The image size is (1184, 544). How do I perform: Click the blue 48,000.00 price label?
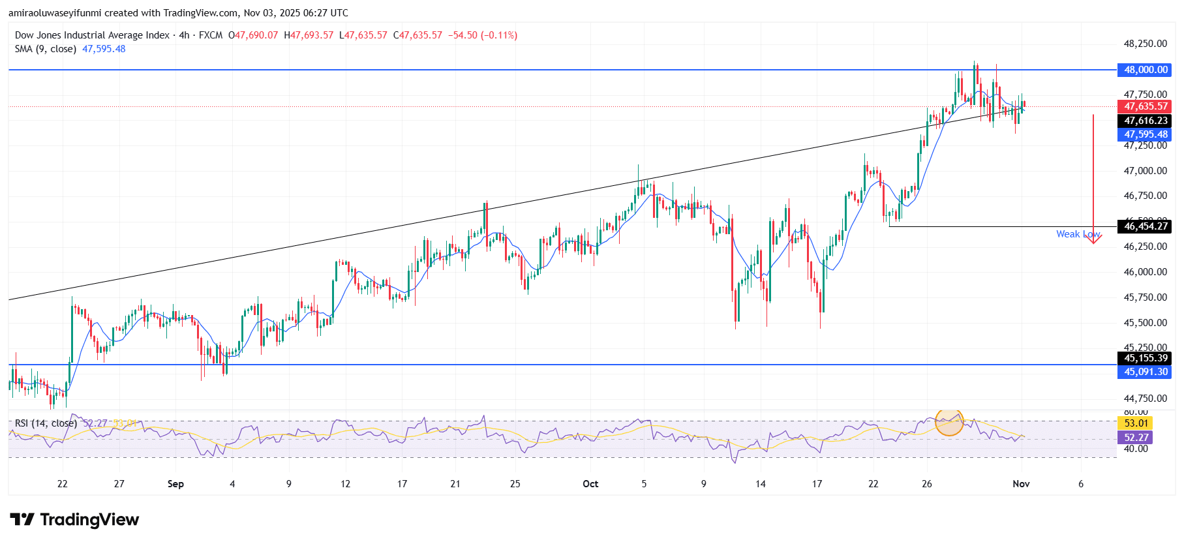[x=1146, y=70]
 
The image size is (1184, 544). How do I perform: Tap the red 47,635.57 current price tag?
[x=1146, y=106]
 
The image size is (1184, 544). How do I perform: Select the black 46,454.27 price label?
[x=1146, y=226]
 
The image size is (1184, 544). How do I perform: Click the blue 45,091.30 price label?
[x=1146, y=372]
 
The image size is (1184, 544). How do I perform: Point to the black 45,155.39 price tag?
[x=1146, y=358]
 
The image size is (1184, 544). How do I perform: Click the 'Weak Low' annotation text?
[x=1077, y=234]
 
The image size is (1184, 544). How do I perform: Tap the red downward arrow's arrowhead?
[x=1093, y=240]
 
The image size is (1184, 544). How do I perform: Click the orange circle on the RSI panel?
[x=949, y=422]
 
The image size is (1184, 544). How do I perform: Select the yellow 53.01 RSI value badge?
[x=1136, y=423]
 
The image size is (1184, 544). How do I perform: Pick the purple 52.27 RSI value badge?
[x=1136, y=438]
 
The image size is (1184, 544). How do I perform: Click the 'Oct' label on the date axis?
[x=590, y=484]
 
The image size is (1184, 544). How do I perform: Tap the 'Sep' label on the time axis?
[x=175, y=484]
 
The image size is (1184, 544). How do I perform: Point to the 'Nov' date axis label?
[x=1021, y=484]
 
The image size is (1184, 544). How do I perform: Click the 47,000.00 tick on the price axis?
[x=1145, y=171]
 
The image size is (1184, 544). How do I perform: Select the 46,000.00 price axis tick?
[x=1145, y=272]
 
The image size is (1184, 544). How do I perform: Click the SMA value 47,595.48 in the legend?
[x=104, y=49]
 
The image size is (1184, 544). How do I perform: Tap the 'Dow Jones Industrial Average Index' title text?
[x=92, y=35]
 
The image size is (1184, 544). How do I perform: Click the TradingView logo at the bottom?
[x=74, y=520]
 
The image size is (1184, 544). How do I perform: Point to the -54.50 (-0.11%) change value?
[x=482, y=35]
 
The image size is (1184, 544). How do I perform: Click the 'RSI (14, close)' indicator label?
[x=46, y=423]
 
